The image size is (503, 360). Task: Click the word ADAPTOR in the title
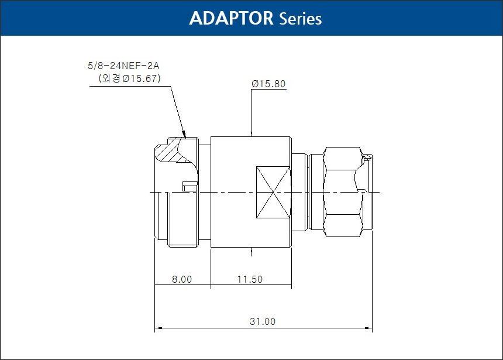(x=231, y=18)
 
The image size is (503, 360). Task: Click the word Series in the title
(x=300, y=19)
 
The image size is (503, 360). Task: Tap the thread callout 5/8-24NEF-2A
(x=123, y=66)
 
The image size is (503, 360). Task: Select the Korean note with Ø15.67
(x=129, y=78)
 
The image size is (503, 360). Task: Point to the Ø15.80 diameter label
(x=268, y=84)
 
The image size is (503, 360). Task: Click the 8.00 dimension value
(x=182, y=279)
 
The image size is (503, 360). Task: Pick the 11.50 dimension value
(x=250, y=279)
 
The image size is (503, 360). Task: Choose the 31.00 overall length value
(x=263, y=321)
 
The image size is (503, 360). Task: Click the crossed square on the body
(x=273, y=193)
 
